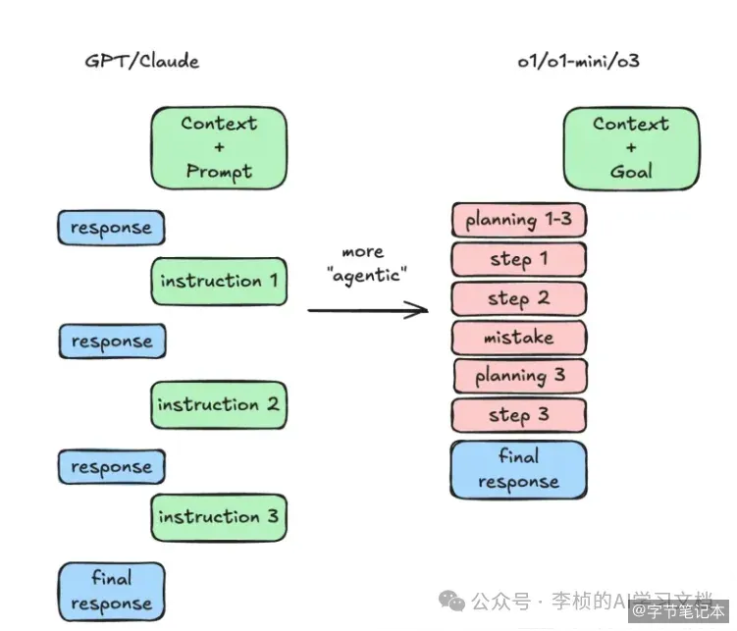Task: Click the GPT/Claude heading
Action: [142, 62]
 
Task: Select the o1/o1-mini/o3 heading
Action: [578, 61]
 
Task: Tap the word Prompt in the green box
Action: [219, 172]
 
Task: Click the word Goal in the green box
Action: [631, 171]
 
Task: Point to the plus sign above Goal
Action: [631, 147]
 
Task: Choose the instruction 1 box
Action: [219, 282]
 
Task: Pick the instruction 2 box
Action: [219, 404]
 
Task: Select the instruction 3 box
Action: [219, 517]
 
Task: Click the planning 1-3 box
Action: [519, 220]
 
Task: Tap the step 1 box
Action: [519, 259]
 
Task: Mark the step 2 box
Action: [519, 299]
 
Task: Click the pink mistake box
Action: [519, 338]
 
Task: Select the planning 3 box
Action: [520, 376]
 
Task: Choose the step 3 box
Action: [519, 415]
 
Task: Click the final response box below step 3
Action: [519, 470]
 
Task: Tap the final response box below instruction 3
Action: [112, 592]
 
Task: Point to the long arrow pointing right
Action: [368, 310]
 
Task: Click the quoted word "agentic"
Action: [367, 275]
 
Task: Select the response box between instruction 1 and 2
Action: [112, 342]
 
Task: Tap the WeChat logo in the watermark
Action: [451, 601]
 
